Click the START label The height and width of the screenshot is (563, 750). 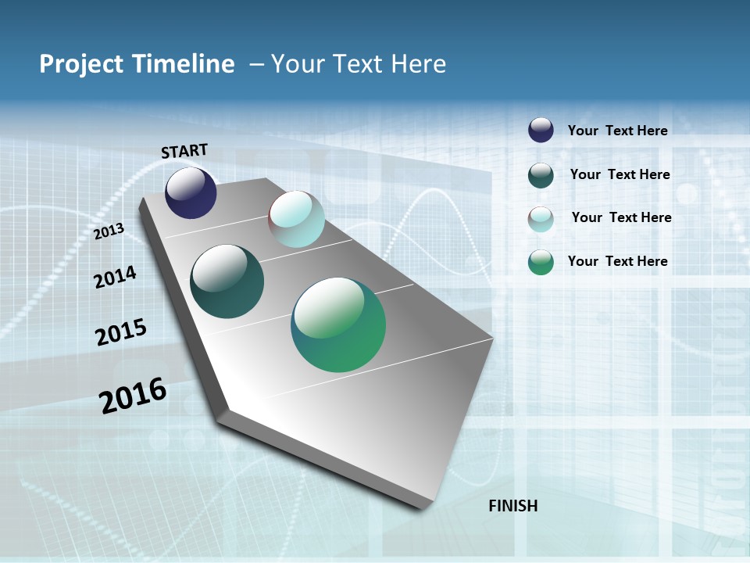(184, 151)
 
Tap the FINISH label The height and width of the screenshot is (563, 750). (512, 506)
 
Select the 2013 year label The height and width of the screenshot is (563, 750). (109, 231)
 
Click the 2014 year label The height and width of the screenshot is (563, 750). (115, 277)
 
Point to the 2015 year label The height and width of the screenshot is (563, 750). (121, 332)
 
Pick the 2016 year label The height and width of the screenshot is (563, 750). (133, 396)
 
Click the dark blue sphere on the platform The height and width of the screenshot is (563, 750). (191, 193)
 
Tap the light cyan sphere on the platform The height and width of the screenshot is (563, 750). (296, 219)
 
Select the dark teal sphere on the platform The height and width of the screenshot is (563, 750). (227, 281)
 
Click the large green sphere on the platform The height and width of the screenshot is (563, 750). (338, 325)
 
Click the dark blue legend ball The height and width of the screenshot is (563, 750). (541, 130)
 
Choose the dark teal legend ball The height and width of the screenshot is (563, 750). (541, 175)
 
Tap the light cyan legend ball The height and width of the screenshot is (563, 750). (541, 219)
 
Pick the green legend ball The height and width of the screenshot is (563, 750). (541, 262)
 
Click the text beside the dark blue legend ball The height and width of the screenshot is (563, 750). (617, 131)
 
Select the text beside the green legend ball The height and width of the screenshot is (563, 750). (617, 261)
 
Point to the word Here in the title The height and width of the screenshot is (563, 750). (418, 64)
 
